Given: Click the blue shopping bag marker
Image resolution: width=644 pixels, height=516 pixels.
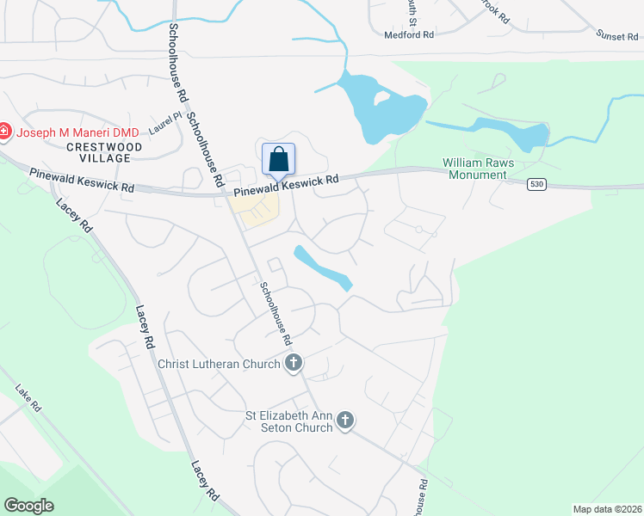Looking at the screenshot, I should pos(278,159).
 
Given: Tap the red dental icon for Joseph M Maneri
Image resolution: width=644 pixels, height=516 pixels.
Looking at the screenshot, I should pos(4,132).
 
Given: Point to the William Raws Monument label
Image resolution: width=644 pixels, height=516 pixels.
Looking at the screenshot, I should pos(474,168).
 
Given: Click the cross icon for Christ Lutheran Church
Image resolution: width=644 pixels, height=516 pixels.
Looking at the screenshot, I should pos(294,363).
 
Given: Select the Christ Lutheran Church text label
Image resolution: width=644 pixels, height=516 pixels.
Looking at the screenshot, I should pos(219,364).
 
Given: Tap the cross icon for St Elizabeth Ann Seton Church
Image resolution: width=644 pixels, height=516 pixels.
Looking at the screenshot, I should pos(345,421).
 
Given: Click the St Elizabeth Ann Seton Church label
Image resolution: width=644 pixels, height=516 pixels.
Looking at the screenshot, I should pos(289,421).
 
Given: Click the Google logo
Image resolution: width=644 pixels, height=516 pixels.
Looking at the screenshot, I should pos(29,506).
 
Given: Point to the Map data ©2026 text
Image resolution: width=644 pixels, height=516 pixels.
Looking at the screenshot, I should pos(607,509).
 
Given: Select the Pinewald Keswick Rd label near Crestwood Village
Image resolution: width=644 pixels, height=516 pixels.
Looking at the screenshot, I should pos(82,181).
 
